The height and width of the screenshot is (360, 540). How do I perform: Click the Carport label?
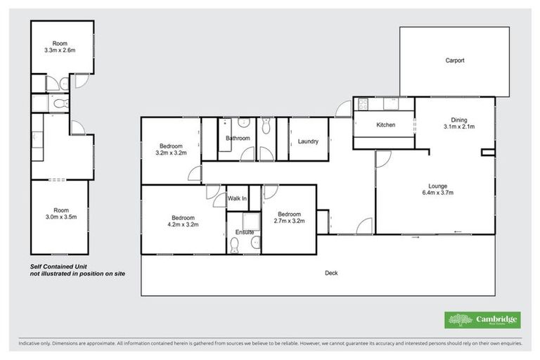pos(454,60)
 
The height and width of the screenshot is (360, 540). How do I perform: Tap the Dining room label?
pos(459,123)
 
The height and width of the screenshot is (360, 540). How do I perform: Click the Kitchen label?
pos(386,125)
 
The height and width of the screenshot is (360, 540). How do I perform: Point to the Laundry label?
pos(308,141)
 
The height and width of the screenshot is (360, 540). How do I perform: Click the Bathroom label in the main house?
pos(238,139)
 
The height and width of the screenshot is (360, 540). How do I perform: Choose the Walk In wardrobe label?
pos(238,199)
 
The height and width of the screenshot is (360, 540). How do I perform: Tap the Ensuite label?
pos(245,232)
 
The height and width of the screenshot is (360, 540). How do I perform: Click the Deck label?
pos(331,273)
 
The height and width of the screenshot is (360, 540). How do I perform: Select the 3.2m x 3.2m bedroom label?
pos(171,149)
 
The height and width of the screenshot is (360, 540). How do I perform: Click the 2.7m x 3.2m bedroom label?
pos(288,218)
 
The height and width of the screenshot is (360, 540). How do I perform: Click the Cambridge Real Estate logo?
pos(482,320)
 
